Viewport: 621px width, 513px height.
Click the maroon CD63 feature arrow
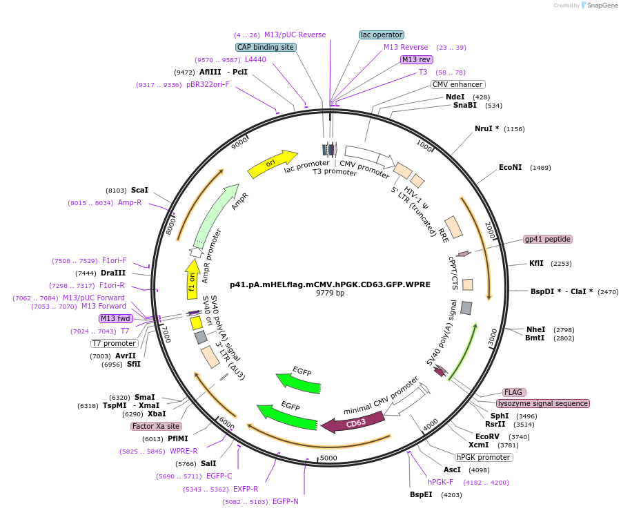[x=353, y=423]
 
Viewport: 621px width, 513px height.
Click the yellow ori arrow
[x=273, y=164]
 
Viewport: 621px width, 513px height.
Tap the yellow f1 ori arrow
[x=193, y=279]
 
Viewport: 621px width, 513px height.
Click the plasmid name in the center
[x=330, y=284]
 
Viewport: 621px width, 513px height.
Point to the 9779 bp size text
[x=330, y=293]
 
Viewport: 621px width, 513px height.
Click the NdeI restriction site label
[x=455, y=97]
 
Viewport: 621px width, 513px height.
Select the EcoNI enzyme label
[x=510, y=167]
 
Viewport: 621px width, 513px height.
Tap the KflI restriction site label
[x=536, y=263]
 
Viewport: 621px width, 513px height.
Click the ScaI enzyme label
[x=139, y=190]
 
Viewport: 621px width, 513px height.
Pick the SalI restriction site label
[x=208, y=463]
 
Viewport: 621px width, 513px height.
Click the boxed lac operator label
[x=382, y=35]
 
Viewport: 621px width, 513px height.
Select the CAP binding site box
[x=266, y=47]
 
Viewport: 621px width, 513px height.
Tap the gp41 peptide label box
[x=548, y=239]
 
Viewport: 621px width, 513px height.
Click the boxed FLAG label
[x=513, y=392]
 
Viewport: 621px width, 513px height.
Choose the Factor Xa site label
[x=156, y=426]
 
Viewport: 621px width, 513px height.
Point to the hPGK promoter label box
[x=484, y=457]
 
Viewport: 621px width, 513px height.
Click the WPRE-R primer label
[x=184, y=451]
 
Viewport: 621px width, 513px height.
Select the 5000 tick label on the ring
[x=328, y=458]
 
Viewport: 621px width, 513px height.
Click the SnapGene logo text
[x=602, y=5]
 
